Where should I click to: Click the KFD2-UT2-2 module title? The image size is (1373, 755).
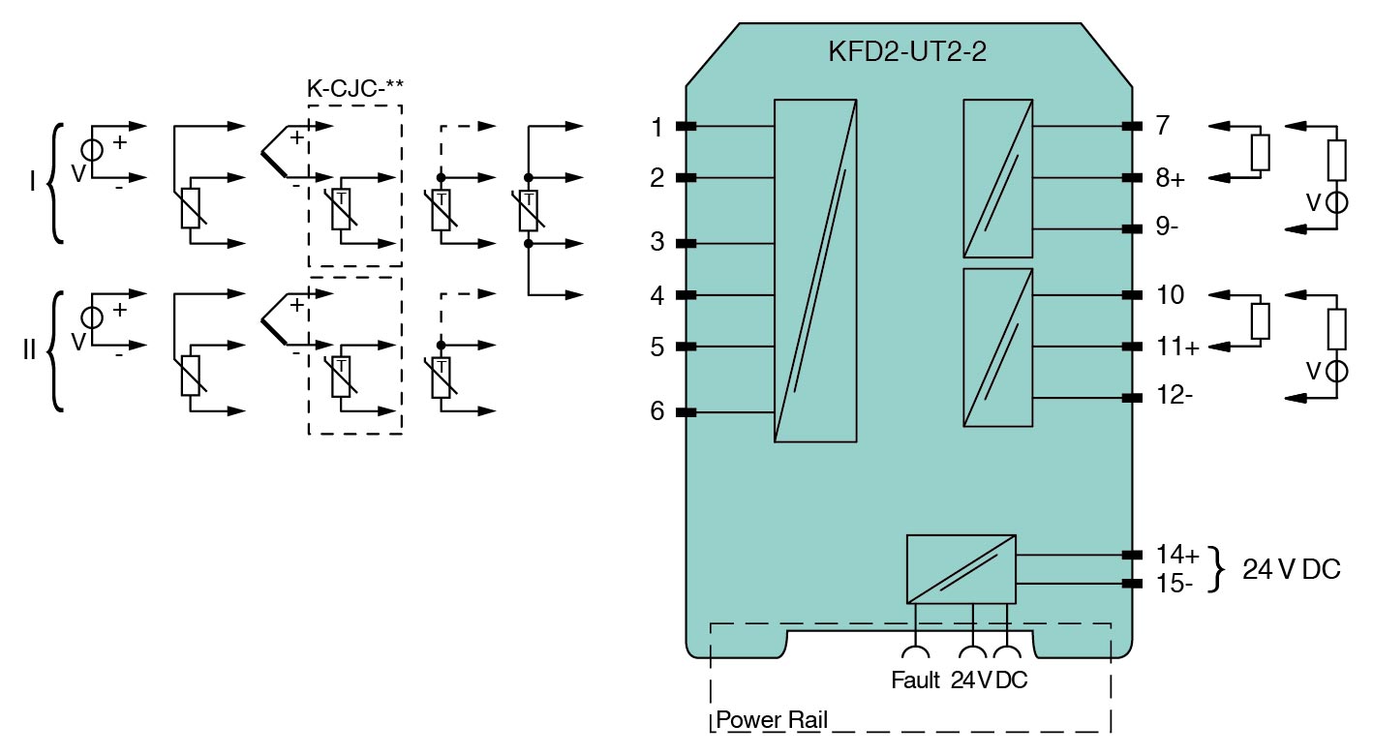pyautogui.click(x=907, y=52)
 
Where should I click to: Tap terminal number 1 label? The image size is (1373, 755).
pyautogui.click(x=657, y=127)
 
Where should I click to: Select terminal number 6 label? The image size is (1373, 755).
pyautogui.click(x=657, y=412)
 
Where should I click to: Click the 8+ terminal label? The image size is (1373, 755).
pyautogui.click(x=1170, y=179)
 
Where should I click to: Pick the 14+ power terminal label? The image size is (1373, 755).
pyautogui.click(x=1176, y=555)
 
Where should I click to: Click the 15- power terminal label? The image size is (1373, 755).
pyautogui.click(x=1175, y=584)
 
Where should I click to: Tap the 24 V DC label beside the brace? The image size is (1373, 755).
pyautogui.click(x=1291, y=570)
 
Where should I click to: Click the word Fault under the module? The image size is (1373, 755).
pyautogui.click(x=915, y=680)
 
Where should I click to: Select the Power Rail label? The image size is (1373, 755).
pyautogui.click(x=771, y=721)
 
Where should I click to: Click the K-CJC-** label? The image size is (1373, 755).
pyautogui.click(x=354, y=87)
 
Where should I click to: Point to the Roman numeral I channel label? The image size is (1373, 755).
pyautogui.click(x=32, y=182)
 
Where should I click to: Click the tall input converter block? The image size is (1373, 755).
pyautogui.click(x=815, y=270)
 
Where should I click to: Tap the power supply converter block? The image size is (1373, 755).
pyautogui.click(x=961, y=568)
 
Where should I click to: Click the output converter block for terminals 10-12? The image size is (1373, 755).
pyautogui.click(x=997, y=347)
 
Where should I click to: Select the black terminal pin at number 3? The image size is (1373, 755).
pyautogui.click(x=686, y=243)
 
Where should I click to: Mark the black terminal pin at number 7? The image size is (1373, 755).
pyautogui.click(x=1128, y=127)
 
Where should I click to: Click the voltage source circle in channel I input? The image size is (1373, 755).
pyautogui.click(x=93, y=152)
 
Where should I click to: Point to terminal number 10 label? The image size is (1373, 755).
pyautogui.click(x=1170, y=294)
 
